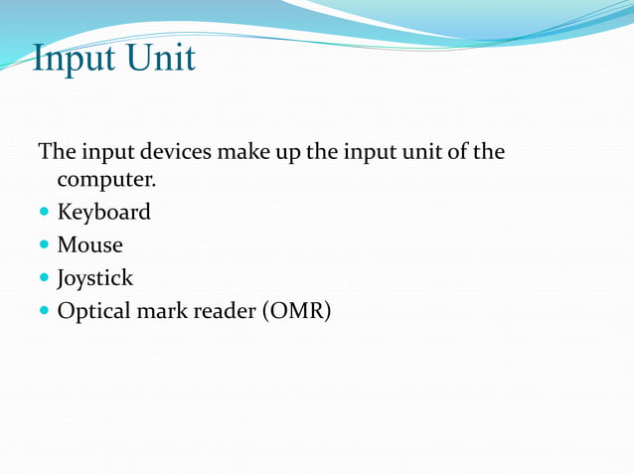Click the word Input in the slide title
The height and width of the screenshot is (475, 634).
[x=72, y=59]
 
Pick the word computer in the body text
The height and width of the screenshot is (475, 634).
[x=105, y=181]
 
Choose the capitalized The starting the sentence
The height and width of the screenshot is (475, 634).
[x=55, y=153]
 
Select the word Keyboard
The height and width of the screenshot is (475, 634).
[x=103, y=213]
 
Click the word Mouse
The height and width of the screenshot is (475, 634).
[x=89, y=244]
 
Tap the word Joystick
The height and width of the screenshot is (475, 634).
[x=94, y=278]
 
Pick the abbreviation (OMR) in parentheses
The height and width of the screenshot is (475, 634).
[x=296, y=311]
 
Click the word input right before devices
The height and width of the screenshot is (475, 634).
[x=106, y=154]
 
